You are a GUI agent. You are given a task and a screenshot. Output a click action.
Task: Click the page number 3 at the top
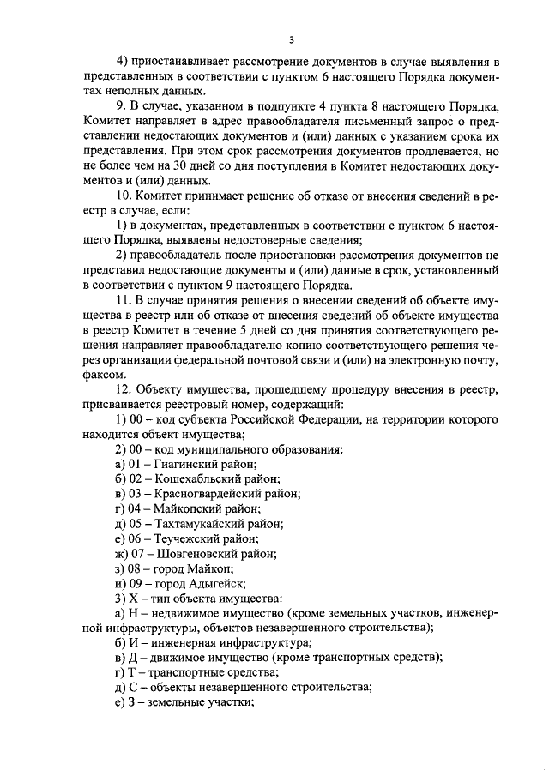291,39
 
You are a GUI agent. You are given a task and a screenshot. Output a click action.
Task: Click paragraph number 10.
124,196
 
